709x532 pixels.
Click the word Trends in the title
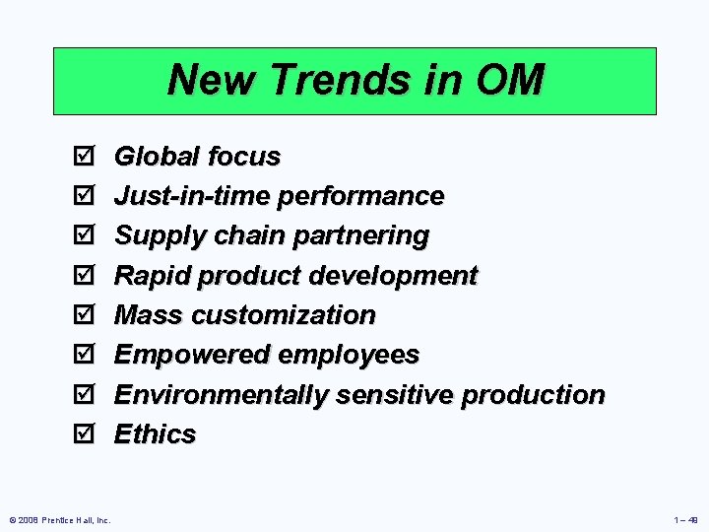click(314, 80)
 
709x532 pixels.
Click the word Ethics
click(155, 433)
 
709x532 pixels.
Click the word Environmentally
click(222, 395)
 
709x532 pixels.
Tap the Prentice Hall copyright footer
click(59, 519)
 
